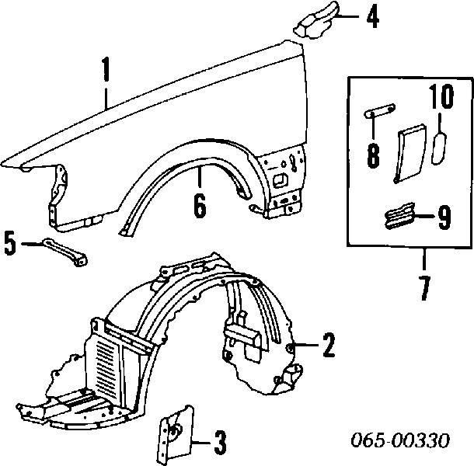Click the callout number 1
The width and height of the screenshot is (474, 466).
106,69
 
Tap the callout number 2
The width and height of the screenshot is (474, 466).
328,345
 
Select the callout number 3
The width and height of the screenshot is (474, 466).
220,443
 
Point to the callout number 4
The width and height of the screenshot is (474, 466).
373,16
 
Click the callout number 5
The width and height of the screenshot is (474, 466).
10,243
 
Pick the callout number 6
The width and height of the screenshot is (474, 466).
200,205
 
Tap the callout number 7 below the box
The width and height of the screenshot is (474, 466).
425,288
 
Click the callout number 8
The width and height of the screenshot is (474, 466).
373,155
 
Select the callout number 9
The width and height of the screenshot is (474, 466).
444,217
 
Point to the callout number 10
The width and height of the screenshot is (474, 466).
441,96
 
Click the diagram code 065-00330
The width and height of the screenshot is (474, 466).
400,440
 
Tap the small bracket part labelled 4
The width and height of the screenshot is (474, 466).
316,20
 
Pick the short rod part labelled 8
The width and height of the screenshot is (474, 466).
380,110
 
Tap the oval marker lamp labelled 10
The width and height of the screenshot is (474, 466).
438,148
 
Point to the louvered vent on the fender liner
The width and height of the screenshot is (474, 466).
104,363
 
